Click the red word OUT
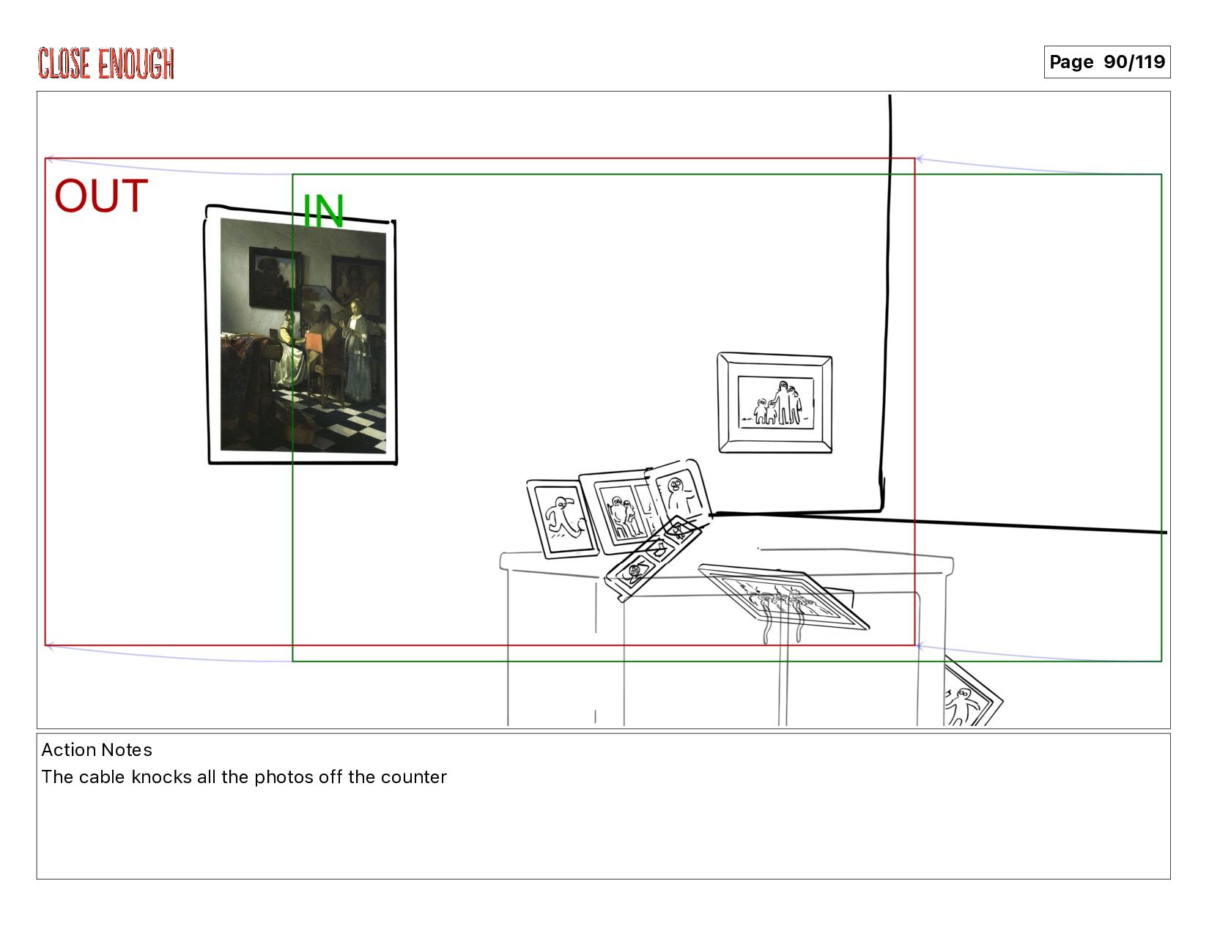point(101,196)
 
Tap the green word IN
point(323,211)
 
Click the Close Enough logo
point(106,64)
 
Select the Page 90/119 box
point(1106,62)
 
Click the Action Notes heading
point(97,750)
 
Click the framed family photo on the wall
point(775,403)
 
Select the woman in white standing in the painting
point(356,350)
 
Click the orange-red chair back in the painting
point(314,343)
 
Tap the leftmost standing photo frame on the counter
point(562,519)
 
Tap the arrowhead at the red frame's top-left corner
point(50,160)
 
